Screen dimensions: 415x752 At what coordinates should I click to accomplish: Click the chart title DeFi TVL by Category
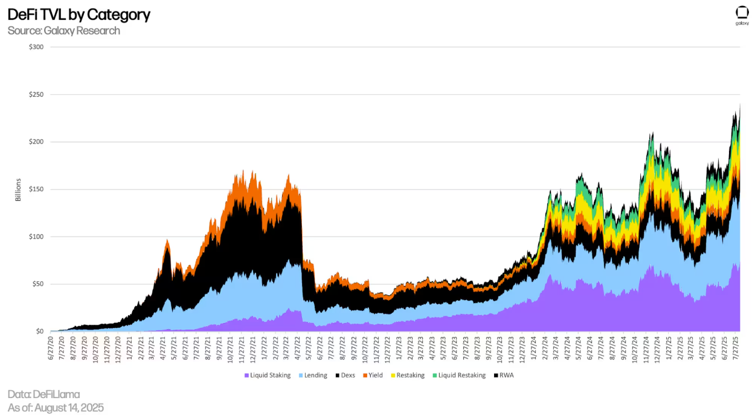click(79, 15)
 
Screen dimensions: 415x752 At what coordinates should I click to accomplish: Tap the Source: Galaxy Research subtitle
click(64, 30)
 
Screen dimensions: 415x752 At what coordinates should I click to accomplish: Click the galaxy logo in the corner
click(742, 16)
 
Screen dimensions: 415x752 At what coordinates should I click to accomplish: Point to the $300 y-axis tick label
click(36, 47)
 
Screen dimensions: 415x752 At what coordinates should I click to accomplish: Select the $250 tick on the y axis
click(36, 94)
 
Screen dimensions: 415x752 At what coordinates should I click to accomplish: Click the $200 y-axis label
click(36, 142)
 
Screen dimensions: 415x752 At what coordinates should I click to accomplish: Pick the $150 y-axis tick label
click(36, 189)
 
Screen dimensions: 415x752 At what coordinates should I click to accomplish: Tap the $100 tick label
click(36, 237)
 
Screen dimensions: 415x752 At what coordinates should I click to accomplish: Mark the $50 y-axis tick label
click(37, 284)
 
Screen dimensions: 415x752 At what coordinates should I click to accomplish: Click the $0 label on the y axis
click(39, 332)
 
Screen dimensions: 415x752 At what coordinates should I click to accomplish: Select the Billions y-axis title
click(18, 189)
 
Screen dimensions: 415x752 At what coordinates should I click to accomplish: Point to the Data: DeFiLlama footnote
click(43, 394)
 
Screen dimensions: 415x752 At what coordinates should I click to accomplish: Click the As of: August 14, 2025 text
click(56, 408)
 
